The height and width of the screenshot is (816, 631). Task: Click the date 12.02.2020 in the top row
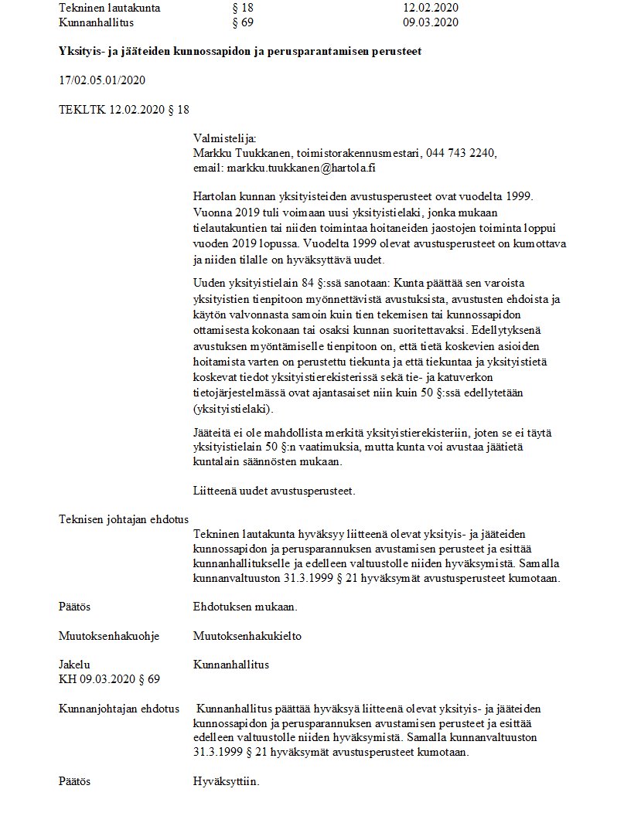pos(431,8)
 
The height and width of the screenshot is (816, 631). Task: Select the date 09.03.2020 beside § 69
pos(431,22)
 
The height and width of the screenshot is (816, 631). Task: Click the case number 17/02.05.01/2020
pos(102,80)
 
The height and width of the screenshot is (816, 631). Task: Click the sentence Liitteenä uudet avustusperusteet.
pos(274,490)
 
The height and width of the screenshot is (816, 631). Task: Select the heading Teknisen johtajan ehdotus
pos(124,519)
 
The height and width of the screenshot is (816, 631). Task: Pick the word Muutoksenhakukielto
pos(247,636)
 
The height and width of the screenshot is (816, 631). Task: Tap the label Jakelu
pos(74,665)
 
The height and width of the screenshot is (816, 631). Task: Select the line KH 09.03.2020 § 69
pos(109,679)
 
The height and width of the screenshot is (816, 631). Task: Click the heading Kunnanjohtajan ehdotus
pos(119,709)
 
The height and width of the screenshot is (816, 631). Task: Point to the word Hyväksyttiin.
pos(227,781)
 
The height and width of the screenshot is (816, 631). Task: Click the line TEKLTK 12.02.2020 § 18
pos(124,110)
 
